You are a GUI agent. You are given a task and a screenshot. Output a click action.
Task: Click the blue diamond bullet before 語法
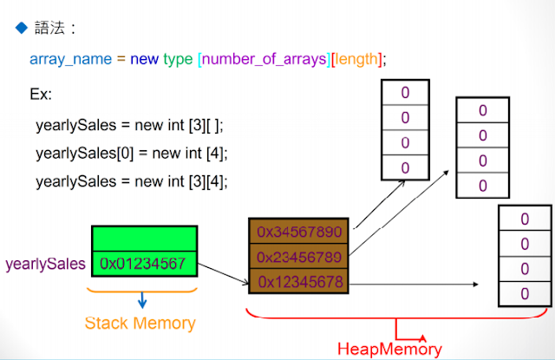click(22, 28)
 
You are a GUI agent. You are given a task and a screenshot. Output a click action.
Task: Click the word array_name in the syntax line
click(70, 59)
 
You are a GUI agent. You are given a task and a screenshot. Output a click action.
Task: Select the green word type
click(178, 60)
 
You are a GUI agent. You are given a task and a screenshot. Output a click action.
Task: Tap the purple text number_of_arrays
click(264, 59)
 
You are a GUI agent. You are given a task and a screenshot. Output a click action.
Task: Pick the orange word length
click(356, 59)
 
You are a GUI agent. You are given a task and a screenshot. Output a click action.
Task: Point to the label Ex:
click(41, 95)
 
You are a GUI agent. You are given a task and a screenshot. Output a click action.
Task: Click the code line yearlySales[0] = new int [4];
click(132, 154)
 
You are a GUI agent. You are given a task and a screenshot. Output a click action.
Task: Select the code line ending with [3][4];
click(132, 181)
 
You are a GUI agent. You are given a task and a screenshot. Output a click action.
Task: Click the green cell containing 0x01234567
click(145, 264)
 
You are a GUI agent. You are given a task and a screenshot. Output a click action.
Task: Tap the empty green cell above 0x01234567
click(145, 239)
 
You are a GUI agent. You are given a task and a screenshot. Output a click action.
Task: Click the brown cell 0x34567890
click(298, 231)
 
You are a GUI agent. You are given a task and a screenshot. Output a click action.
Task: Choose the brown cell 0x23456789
click(298, 256)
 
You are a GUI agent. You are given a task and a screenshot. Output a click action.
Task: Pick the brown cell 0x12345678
click(298, 281)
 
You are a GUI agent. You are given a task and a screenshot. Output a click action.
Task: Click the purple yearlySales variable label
click(45, 264)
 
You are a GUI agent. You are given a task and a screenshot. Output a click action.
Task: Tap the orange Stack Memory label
click(140, 324)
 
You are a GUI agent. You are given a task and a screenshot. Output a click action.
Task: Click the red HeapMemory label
click(389, 349)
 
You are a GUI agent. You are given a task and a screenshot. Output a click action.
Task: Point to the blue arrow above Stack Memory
click(142, 300)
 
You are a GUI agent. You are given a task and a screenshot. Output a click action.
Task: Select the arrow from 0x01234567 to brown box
click(224, 273)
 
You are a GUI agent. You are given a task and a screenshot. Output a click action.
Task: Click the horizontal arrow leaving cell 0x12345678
click(414, 284)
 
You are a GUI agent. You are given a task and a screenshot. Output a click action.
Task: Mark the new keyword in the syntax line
click(145, 59)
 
